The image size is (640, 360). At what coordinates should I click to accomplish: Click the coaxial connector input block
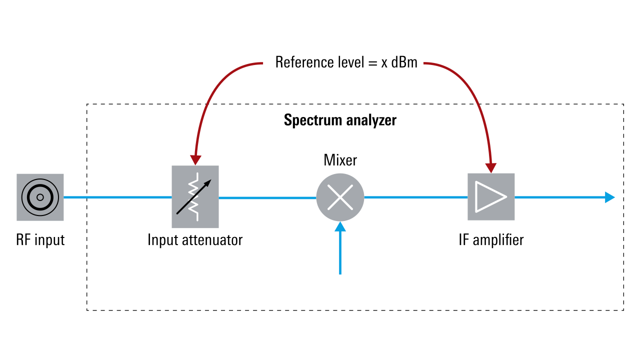(x=40, y=197)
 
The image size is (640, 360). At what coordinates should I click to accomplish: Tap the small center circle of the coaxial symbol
(x=40, y=197)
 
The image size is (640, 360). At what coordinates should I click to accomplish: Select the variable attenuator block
(x=195, y=197)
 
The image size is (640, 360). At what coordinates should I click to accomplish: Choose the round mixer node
(x=340, y=197)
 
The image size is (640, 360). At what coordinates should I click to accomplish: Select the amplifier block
(x=491, y=197)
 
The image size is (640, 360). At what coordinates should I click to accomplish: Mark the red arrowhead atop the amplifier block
(x=491, y=168)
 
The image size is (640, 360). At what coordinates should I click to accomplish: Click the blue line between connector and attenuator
(x=117, y=197)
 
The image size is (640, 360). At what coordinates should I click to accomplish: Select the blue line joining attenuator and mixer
(x=267, y=197)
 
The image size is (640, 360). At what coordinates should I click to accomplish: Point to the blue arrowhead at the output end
(x=609, y=197)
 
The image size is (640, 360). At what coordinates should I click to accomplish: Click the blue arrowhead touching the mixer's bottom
(x=340, y=227)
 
